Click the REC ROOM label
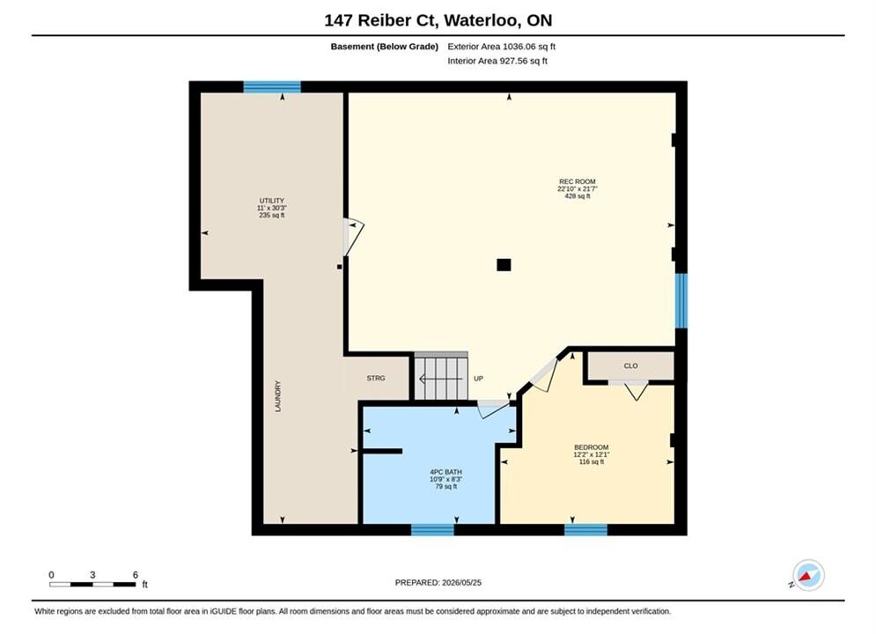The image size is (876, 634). click(x=578, y=181)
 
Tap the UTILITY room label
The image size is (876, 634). click(x=271, y=201)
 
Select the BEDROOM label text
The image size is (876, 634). click(x=591, y=447)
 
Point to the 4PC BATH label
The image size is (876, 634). click(x=445, y=472)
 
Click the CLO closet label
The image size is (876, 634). click(x=630, y=366)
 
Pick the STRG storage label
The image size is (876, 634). click(x=376, y=378)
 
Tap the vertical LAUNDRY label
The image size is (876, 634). click(x=278, y=396)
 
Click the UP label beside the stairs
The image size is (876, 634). click(x=478, y=378)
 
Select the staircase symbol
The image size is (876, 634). click(x=441, y=377)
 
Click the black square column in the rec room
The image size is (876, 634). click(x=504, y=265)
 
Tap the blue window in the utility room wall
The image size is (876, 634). click(x=272, y=86)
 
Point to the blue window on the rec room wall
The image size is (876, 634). click(x=681, y=300)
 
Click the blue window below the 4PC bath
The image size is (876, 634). click(x=432, y=529)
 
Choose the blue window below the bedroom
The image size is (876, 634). click(x=585, y=529)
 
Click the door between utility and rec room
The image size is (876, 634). click(x=352, y=237)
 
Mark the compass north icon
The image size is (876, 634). click(x=808, y=575)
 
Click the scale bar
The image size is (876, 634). click(x=92, y=585)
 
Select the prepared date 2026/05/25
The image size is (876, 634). click(x=461, y=582)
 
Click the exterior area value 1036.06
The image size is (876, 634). click(x=519, y=47)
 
